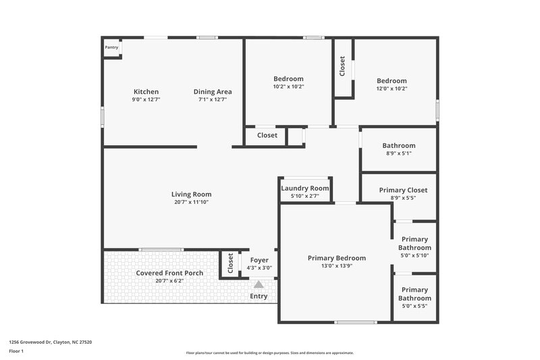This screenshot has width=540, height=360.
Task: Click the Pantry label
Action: (x=111, y=48)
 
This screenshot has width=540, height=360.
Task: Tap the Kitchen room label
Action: (x=146, y=92)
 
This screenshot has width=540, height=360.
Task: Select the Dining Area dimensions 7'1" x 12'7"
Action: (x=213, y=99)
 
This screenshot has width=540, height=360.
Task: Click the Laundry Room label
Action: (x=305, y=188)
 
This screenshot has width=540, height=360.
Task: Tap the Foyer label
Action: (x=260, y=260)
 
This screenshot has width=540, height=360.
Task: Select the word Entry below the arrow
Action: (x=259, y=296)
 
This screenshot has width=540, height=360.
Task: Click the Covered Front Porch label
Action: (x=169, y=273)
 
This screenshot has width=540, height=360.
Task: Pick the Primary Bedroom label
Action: (x=337, y=258)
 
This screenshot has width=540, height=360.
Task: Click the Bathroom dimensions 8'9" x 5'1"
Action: (x=399, y=153)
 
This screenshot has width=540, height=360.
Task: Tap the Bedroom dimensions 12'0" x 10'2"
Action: (x=392, y=88)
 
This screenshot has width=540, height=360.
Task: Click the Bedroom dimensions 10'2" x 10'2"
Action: (x=288, y=86)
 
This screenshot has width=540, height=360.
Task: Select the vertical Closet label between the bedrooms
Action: (x=342, y=66)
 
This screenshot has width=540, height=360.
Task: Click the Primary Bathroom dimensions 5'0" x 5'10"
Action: (x=414, y=255)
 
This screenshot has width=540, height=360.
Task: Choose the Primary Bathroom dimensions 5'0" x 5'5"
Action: (x=414, y=306)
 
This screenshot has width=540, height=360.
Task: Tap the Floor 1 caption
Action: (x=16, y=351)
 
